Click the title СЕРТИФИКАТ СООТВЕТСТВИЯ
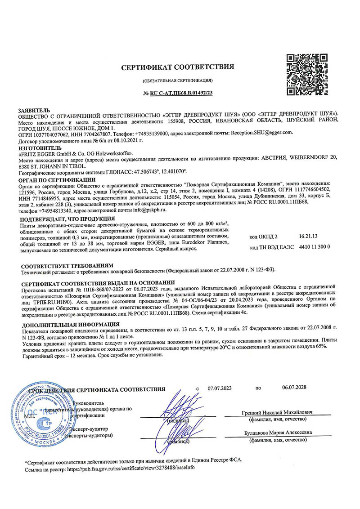point(178,67)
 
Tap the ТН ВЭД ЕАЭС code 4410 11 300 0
point(315,247)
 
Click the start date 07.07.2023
point(220,388)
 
